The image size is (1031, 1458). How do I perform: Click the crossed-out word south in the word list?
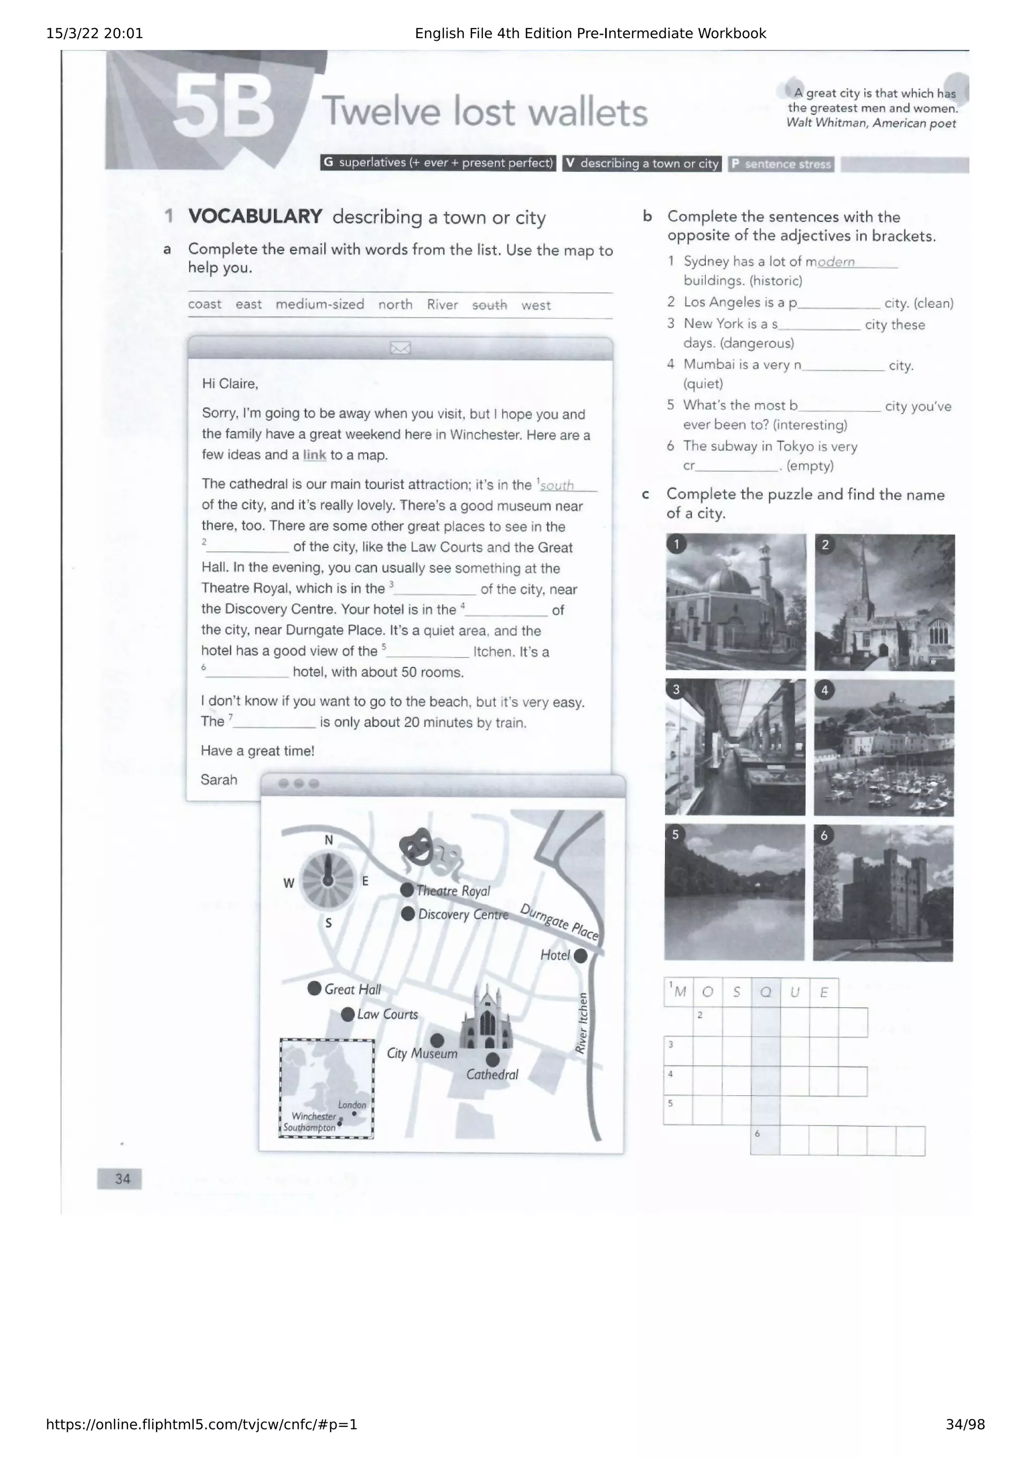pos(489,305)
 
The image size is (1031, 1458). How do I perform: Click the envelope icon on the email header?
pos(400,348)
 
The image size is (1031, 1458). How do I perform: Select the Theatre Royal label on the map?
pos(453,891)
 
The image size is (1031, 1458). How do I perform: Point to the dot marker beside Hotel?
pos(580,956)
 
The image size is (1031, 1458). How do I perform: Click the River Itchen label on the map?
pos(581,1024)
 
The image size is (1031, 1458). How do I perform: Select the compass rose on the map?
pos(328,880)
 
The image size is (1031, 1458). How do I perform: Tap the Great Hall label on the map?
pos(352,989)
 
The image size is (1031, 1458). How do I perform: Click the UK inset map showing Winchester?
pos(327,1088)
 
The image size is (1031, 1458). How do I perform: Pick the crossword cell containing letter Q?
pos(766,993)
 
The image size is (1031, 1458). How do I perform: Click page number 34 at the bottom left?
pos(122,1179)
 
